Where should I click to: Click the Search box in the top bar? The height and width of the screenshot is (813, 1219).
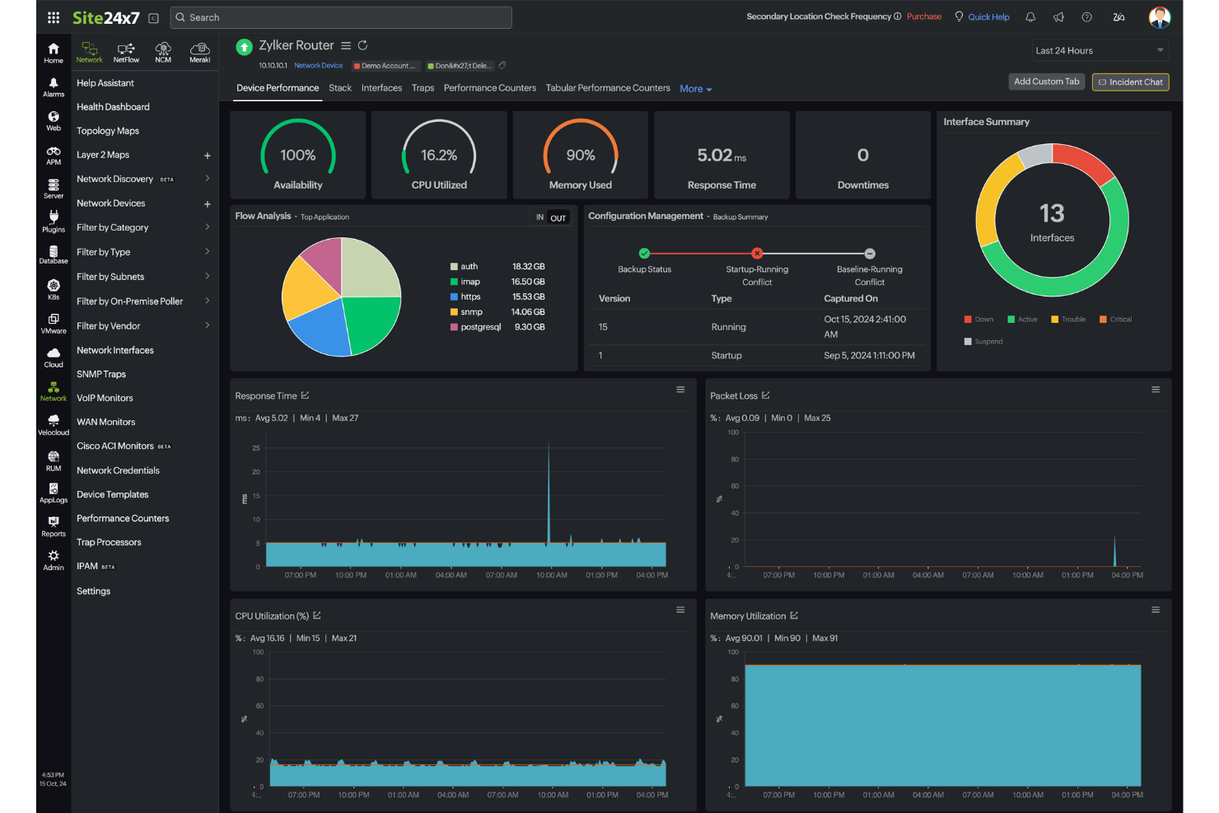pos(340,17)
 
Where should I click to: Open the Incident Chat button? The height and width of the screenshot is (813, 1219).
pos(1130,82)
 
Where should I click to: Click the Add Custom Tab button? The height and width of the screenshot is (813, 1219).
pos(1046,82)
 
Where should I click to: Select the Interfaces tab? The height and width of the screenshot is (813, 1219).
pos(381,88)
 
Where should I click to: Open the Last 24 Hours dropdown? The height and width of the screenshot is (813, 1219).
pos(1100,51)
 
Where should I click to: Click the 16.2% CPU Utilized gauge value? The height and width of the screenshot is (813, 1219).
pos(439,155)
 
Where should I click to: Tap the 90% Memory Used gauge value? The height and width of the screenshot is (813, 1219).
pos(580,155)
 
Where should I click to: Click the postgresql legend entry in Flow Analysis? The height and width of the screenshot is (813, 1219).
pos(480,327)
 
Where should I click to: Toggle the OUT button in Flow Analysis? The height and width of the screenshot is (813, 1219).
pos(558,218)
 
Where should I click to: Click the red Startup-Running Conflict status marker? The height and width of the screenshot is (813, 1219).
pos(757,254)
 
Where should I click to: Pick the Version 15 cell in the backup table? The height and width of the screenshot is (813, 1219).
pos(603,327)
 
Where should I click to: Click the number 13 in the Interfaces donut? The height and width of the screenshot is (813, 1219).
pos(1052,214)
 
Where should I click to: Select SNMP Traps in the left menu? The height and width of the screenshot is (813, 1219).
pos(101,374)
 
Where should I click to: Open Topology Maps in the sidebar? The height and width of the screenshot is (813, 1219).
pos(108,131)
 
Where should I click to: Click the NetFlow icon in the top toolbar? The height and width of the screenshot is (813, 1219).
pos(126,52)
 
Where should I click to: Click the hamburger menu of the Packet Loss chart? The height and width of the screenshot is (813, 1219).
pos(1155,390)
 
